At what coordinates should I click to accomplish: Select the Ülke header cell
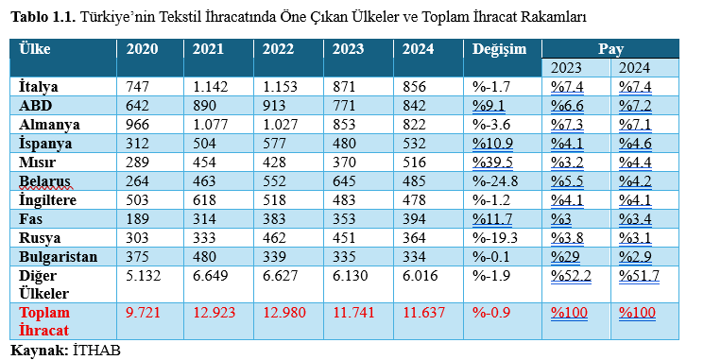click(x=35, y=49)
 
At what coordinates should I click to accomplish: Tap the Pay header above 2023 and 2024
click(x=611, y=48)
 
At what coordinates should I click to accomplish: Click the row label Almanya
click(x=49, y=124)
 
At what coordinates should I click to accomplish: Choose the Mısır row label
click(x=40, y=162)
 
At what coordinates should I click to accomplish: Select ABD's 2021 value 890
click(x=207, y=105)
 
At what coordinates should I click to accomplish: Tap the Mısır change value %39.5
click(x=492, y=162)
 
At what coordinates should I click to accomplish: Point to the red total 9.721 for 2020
click(x=145, y=312)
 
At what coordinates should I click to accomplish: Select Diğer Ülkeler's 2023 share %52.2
click(x=572, y=275)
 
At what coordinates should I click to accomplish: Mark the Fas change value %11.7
click(x=492, y=218)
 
